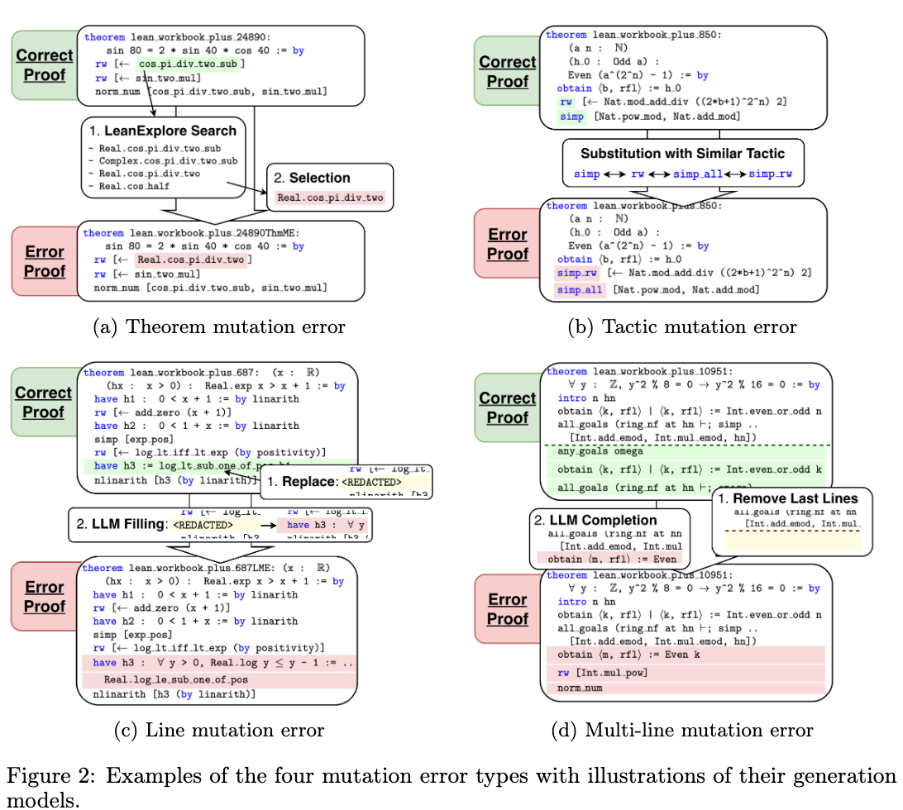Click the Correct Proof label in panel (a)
point(45,66)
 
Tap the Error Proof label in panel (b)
point(508,244)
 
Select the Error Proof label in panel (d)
point(508,609)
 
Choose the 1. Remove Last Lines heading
point(787,498)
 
